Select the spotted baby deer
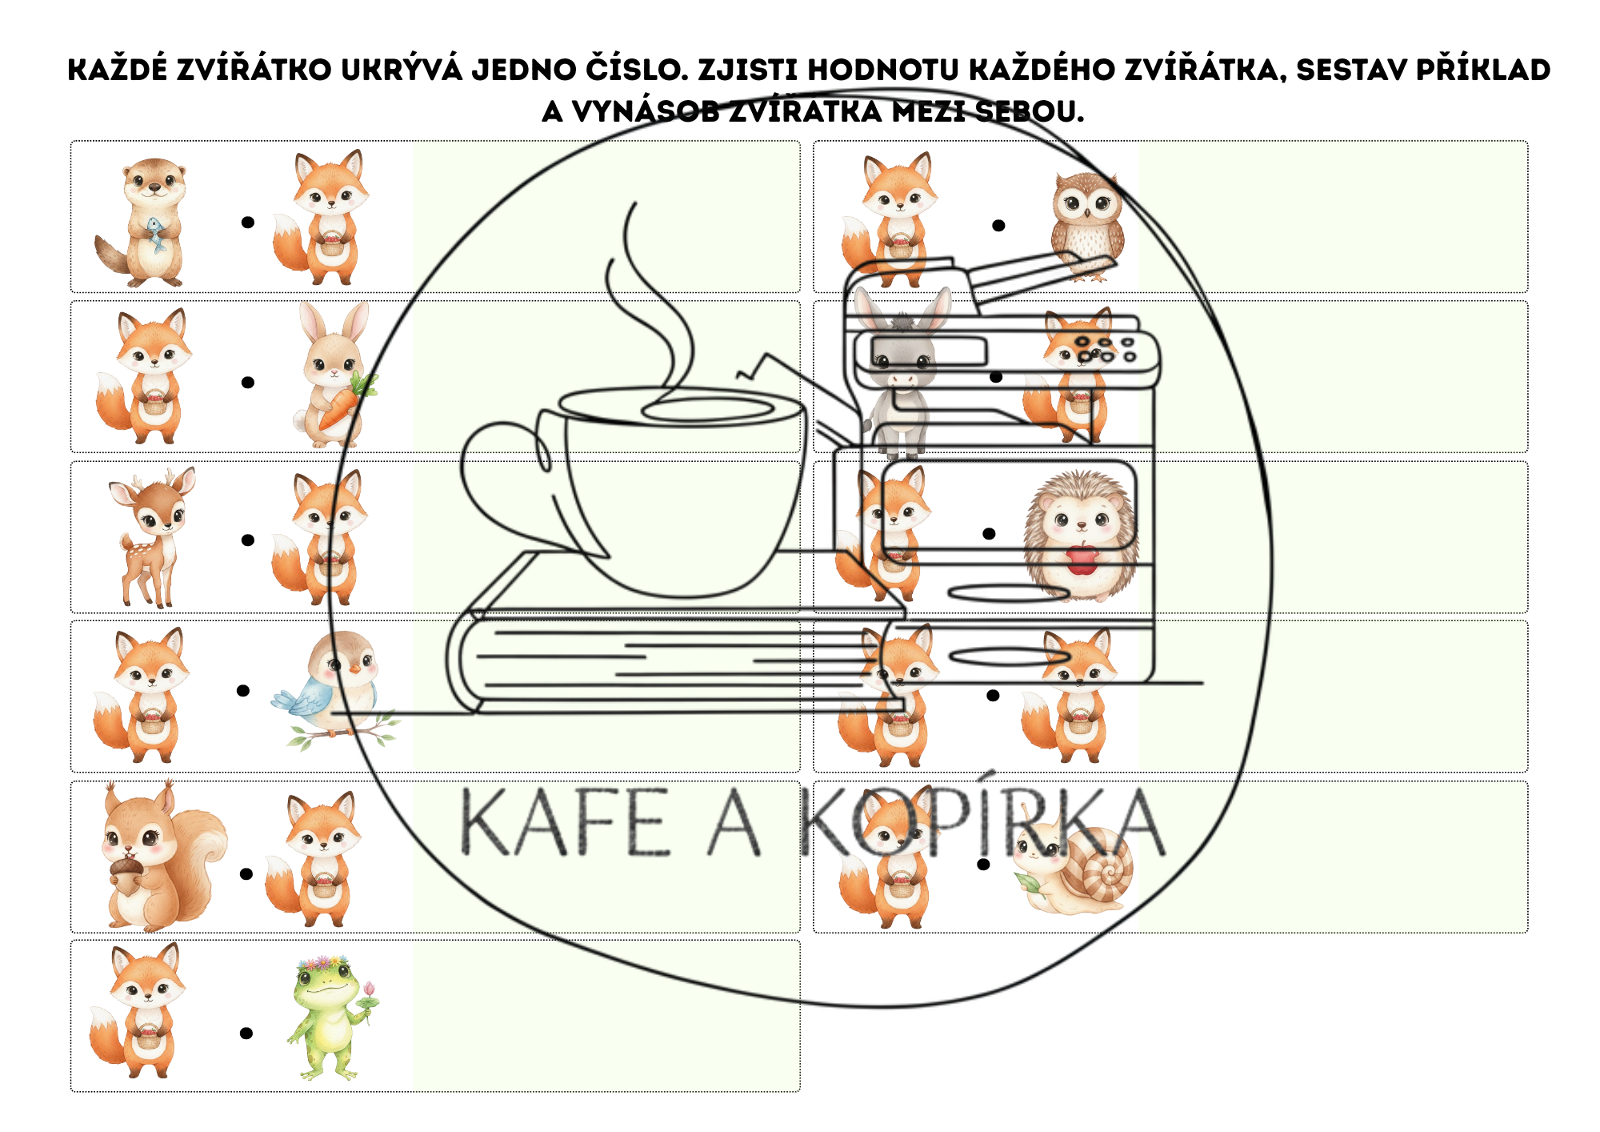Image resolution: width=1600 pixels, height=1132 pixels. pyautogui.click(x=152, y=537)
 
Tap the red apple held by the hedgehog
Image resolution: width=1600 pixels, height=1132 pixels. pyautogui.click(x=1082, y=558)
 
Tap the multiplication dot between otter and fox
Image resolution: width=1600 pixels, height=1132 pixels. pyautogui.click(x=248, y=223)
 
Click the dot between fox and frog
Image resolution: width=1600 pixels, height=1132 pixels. pyautogui.click(x=246, y=1034)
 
